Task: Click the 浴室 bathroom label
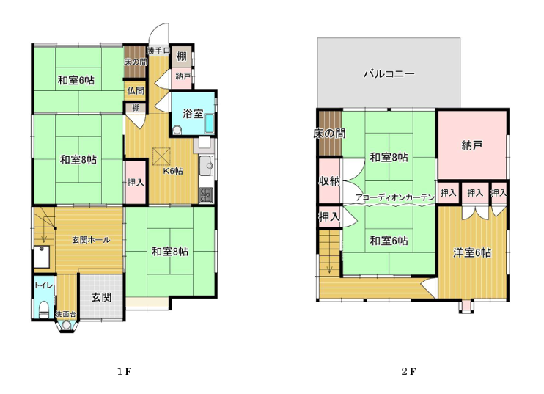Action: click(x=193, y=114)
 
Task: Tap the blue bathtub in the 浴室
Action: click(x=209, y=123)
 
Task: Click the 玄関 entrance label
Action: click(x=101, y=297)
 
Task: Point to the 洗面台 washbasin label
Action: click(x=66, y=314)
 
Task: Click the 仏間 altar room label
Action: click(x=136, y=90)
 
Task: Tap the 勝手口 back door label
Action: click(x=158, y=51)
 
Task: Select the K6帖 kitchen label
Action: click(x=174, y=171)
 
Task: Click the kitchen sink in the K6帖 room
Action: click(x=206, y=166)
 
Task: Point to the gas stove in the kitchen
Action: click(x=206, y=195)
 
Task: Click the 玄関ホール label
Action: click(x=91, y=239)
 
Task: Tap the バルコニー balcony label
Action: click(x=389, y=74)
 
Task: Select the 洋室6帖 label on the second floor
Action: click(x=472, y=252)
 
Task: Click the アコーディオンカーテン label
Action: click(x=395, y=197)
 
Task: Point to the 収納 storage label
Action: click(x=329, y=180)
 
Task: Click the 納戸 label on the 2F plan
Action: click(x=472, y=145)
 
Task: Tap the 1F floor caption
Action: click(x=124, y=372)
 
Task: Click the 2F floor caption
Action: click(x=408, y=372)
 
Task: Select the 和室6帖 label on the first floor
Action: click(x=76, y=80)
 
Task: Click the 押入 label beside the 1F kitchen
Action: click(x=136, y=182)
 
